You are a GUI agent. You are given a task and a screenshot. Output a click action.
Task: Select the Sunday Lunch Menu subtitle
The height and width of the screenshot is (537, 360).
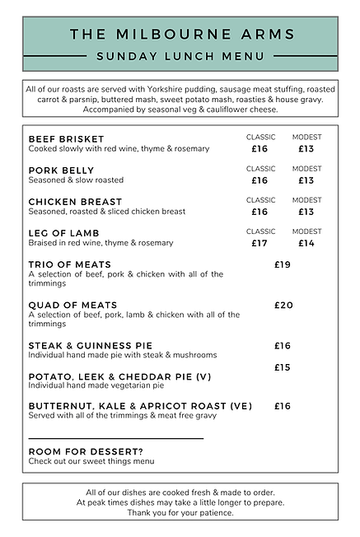[x=180, y=56]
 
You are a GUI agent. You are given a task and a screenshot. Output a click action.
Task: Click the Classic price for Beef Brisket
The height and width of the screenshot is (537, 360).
[x=260, y=149]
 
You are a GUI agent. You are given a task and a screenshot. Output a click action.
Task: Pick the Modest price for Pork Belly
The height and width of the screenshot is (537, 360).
[x=306, y=180]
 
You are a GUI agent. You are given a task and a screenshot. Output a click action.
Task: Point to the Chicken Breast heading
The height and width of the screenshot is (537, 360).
[x=75, y=202]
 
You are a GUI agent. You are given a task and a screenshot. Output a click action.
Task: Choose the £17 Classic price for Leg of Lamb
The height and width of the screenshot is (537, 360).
[x=260, y=244]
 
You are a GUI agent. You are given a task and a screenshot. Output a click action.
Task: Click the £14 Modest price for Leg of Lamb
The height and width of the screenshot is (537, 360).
[x=306, y=244]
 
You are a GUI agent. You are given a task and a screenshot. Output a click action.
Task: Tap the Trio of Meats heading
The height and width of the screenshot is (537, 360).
[x=71, y=264]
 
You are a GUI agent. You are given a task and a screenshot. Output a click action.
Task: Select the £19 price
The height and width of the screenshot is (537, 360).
[x=283, y=264]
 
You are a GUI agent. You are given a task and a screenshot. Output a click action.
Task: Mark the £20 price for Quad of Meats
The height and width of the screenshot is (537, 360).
[x=283, y=305]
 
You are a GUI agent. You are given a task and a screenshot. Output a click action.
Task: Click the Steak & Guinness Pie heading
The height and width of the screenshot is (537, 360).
[x=91, y=345]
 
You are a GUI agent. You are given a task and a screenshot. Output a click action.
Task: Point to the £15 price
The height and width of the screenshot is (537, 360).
[x=283, y=367]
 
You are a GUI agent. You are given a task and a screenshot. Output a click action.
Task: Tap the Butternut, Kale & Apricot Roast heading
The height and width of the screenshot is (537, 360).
[x=140, y=406]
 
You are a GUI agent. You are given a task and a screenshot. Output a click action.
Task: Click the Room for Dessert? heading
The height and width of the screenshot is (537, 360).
[x=86, y=451]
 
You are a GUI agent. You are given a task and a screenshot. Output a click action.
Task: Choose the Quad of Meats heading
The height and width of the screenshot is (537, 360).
[x=72, y=305]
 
